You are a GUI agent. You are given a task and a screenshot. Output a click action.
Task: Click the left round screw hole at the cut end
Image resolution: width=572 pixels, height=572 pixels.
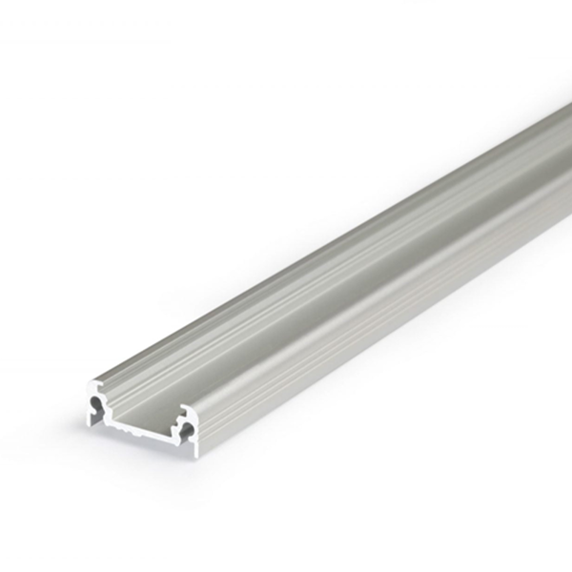pyautogui.click(x=94, y=401)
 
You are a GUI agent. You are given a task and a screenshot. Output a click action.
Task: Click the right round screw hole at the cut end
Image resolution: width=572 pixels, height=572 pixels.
pyautogui.click(x=187, y=429)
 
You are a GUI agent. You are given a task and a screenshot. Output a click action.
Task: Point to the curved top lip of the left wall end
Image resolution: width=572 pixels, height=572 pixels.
pyautogui.click(x=93, y=384)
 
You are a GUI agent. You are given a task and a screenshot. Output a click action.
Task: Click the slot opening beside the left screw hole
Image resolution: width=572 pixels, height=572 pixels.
pyautogui.click(x=98, y=413)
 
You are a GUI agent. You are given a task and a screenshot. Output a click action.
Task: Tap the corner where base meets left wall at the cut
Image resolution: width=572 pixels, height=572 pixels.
pyautogui.click(x=111, y=419)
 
